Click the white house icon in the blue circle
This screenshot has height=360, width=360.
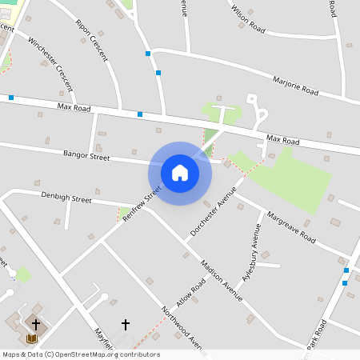(x=180, y=173)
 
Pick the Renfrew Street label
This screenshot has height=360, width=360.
(x=143, y=204)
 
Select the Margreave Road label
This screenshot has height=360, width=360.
(x=293, y=228)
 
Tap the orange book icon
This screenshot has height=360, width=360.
(x=32, y=338)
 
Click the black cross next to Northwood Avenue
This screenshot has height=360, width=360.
(x=125, y=324)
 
